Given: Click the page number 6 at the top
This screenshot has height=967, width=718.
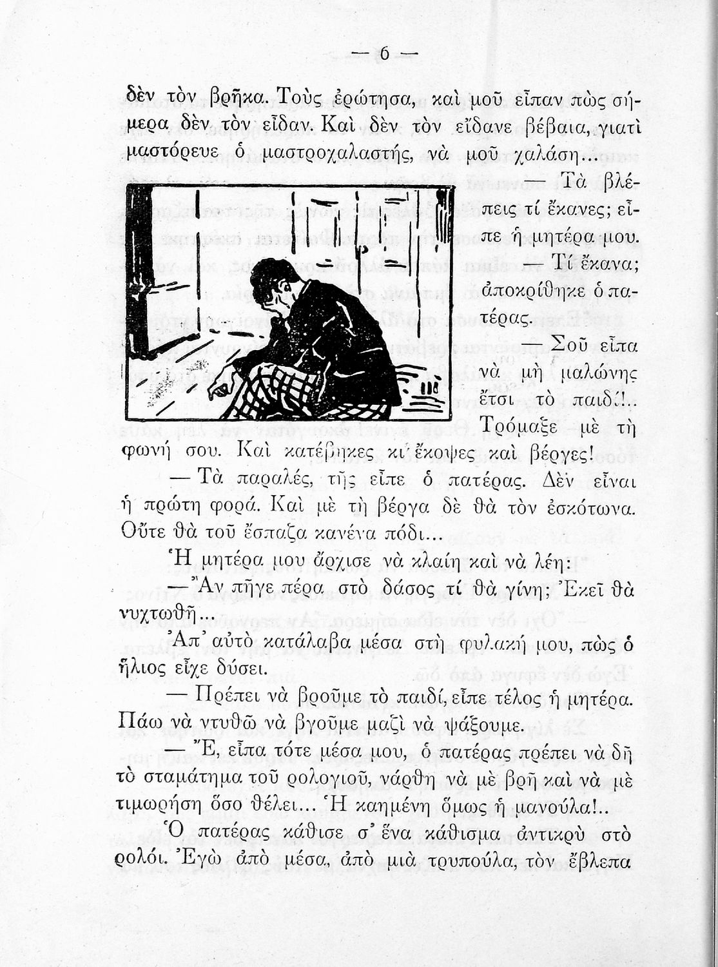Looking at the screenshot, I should pos(384,55).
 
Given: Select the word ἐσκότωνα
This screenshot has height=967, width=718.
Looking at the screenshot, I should pos(590,509).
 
